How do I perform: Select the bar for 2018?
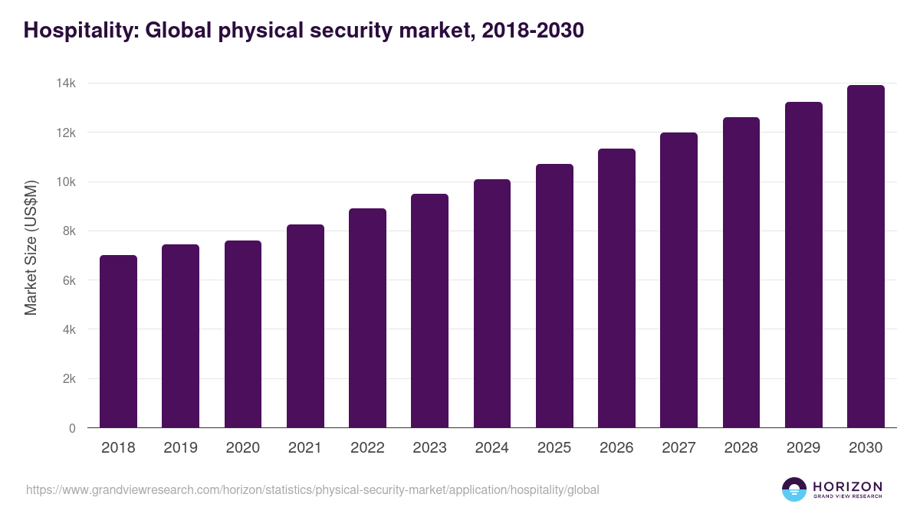click(x=118, y=342)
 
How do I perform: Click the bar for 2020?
click(x=243, y=334)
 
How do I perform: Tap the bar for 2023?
click(x=429, y=311)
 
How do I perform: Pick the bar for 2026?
click(x=616, y=288)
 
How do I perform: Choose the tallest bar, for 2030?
click(x=866, y=257)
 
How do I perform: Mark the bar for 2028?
click(x=741, y=273)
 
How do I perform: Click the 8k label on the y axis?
click(x=67, y=231)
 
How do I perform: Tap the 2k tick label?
click(x=67, y=379)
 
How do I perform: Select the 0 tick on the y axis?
click(x=72, y=428)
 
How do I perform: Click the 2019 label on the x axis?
click(x=180, y=448)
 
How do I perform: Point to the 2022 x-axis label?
click(x=367, y=448)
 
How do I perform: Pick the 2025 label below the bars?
click(x=554, y=448)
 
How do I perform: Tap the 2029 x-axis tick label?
click(x=803, y=448)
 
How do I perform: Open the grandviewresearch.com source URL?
click(x=312, y=489)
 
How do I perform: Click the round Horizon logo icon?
click(x=794, y=489)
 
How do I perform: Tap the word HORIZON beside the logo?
click(x=847, y=486)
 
